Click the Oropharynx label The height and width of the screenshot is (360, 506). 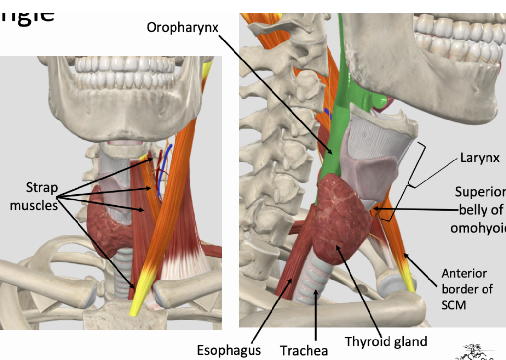click(x=183, y=27)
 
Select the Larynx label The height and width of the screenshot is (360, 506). click(x=480, y=158)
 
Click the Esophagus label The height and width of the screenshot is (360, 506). click(x=229, y=350)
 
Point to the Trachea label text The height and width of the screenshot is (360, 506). click(x=303, y=350)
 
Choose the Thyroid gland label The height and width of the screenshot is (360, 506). click(x=386, y=341)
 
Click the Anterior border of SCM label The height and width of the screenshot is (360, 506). click(x=467, y=289)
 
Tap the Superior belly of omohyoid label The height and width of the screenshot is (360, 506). click(x=480, y=210)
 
